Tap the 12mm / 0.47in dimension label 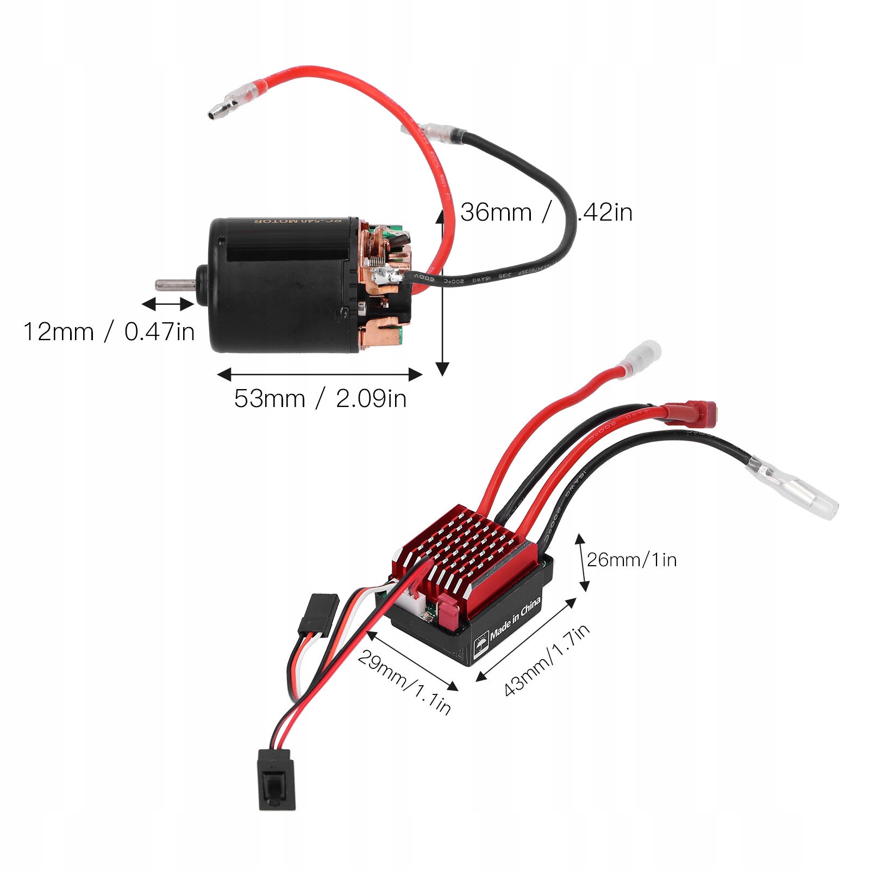point(109,331)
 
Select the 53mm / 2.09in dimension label point(320,398)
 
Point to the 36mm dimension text point(496,212)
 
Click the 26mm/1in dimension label point(631,560)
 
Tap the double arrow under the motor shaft point(167,304)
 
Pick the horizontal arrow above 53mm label point(320,374)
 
